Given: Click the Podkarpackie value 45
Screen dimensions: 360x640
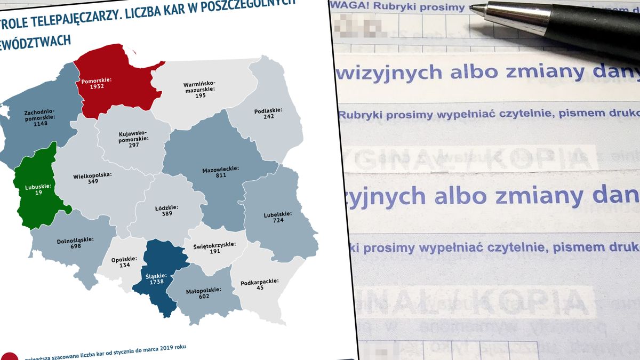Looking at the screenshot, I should pos(259,288).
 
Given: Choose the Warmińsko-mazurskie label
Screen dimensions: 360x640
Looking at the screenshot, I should pos(199,87).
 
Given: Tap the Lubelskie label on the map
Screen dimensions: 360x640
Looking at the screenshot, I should pos(278,214).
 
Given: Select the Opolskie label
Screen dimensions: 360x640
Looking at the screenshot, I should pos(124,259).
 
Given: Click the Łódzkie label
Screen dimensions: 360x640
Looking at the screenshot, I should pos(167,207).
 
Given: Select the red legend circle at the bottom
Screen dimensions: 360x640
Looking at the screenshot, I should pos(10,356).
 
